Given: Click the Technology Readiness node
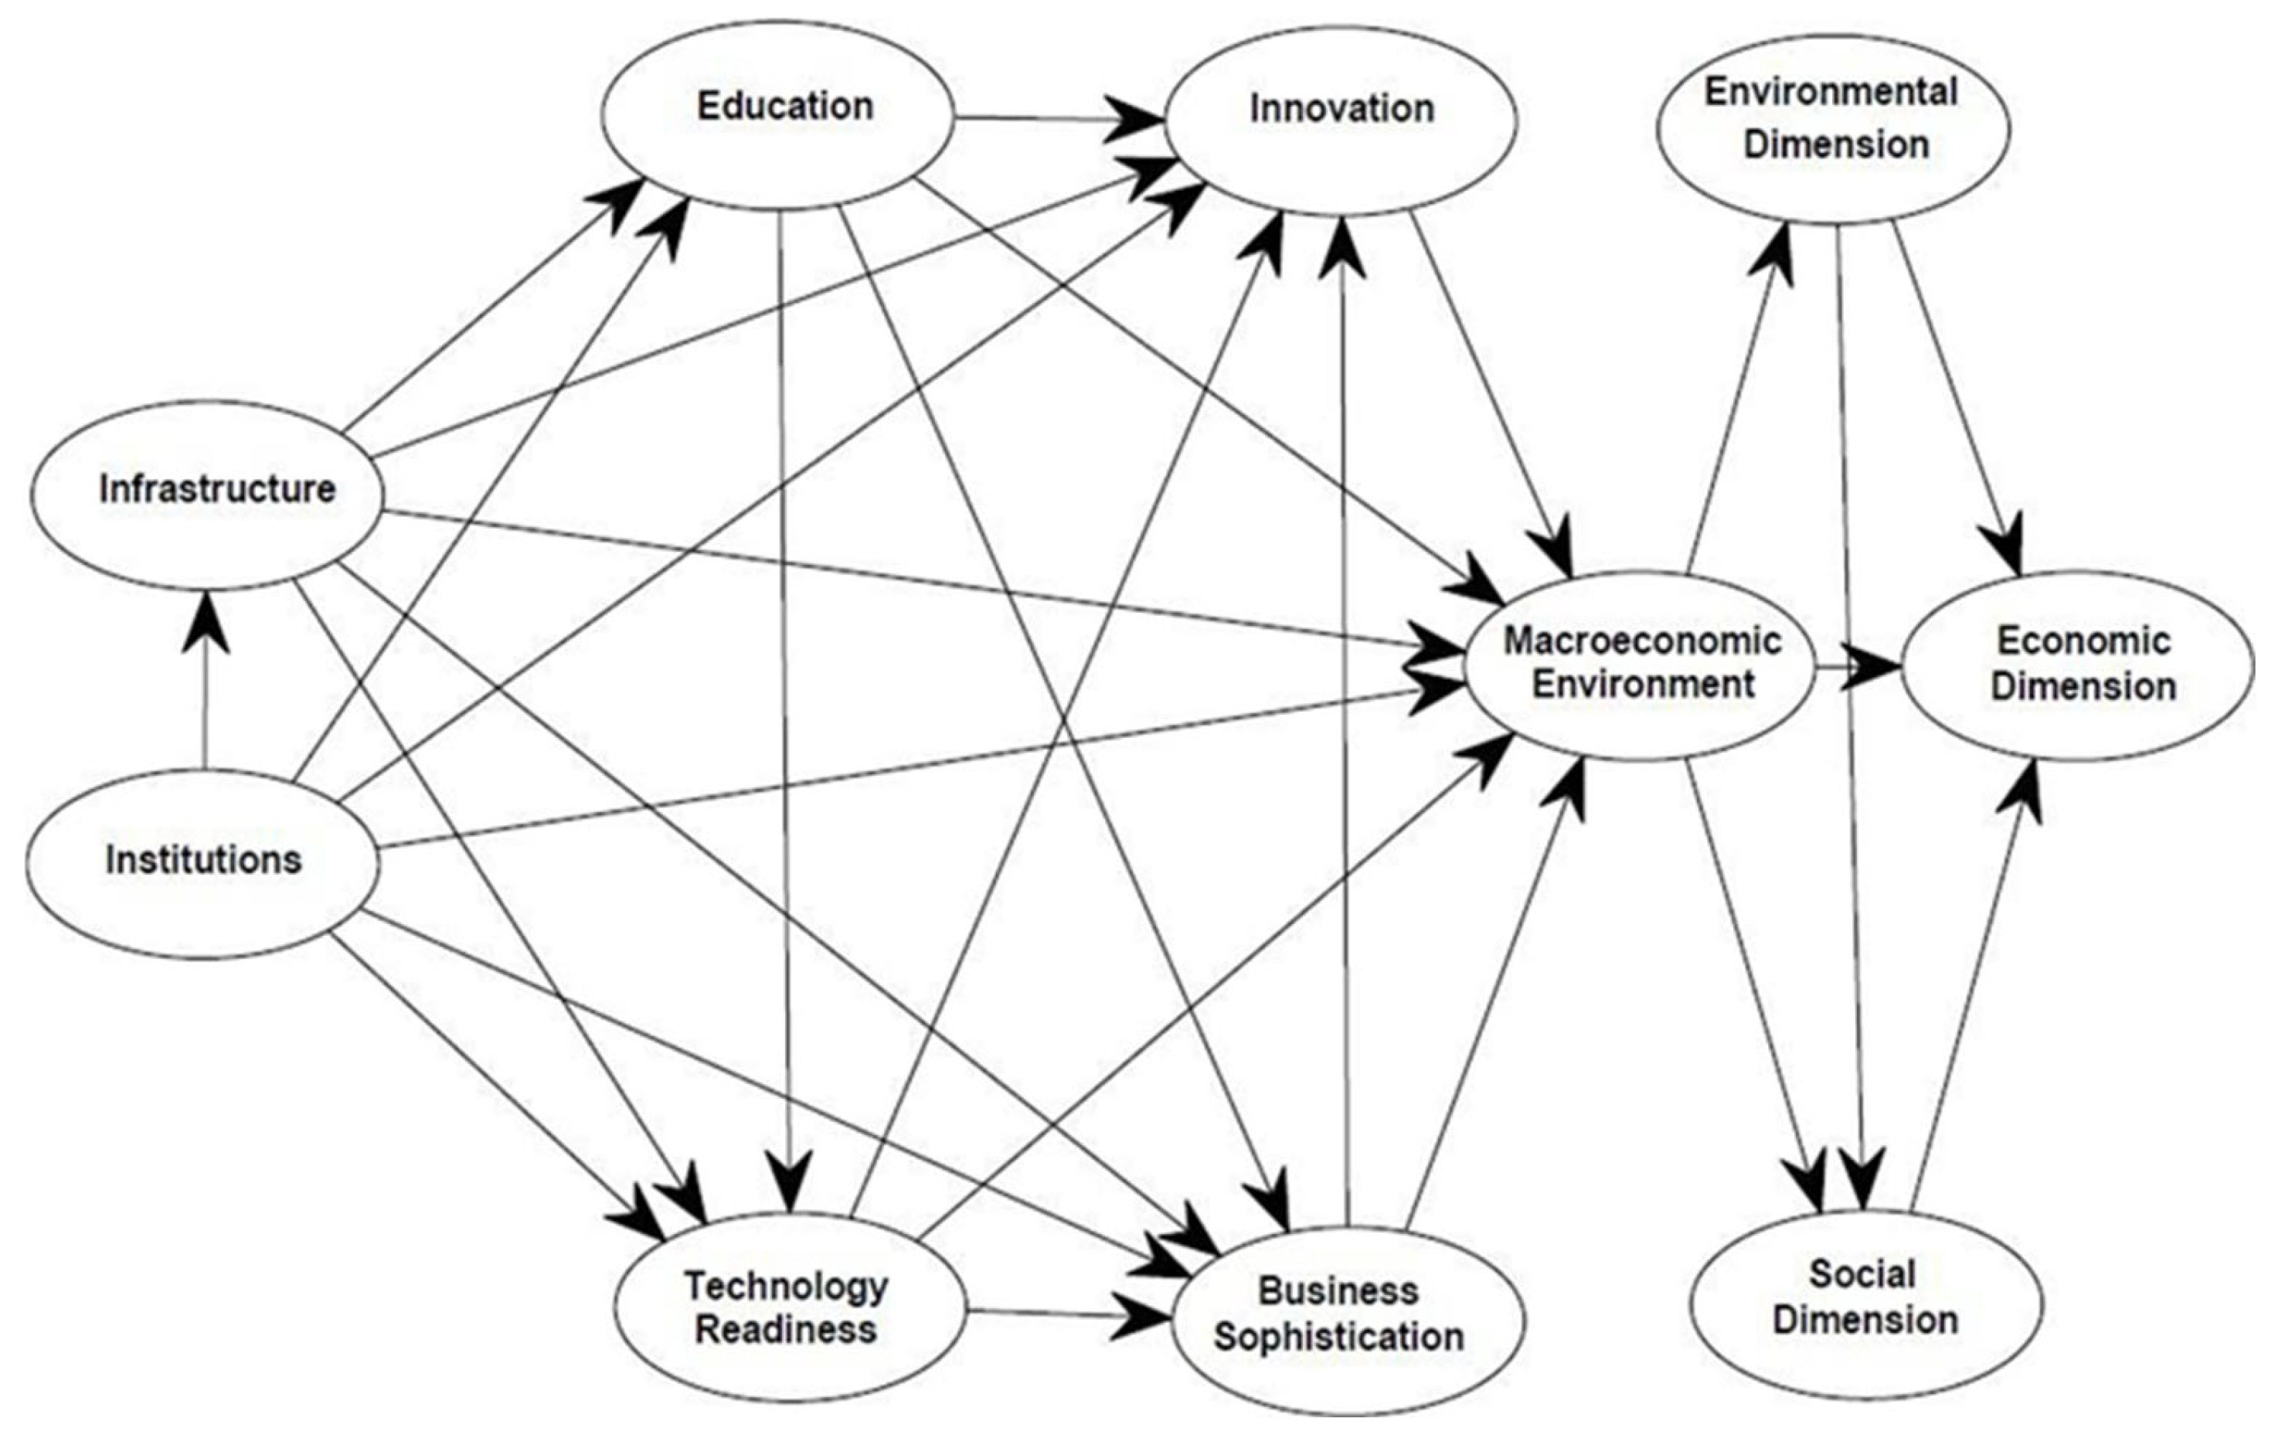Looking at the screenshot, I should click(787, 1308).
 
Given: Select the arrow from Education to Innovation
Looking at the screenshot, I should click(1053, 119).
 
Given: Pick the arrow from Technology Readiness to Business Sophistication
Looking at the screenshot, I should click(1063, 1314).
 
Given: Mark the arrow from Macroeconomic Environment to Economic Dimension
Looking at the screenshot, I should click(1855, 668).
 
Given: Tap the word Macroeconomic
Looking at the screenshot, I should click(1641, 641).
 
